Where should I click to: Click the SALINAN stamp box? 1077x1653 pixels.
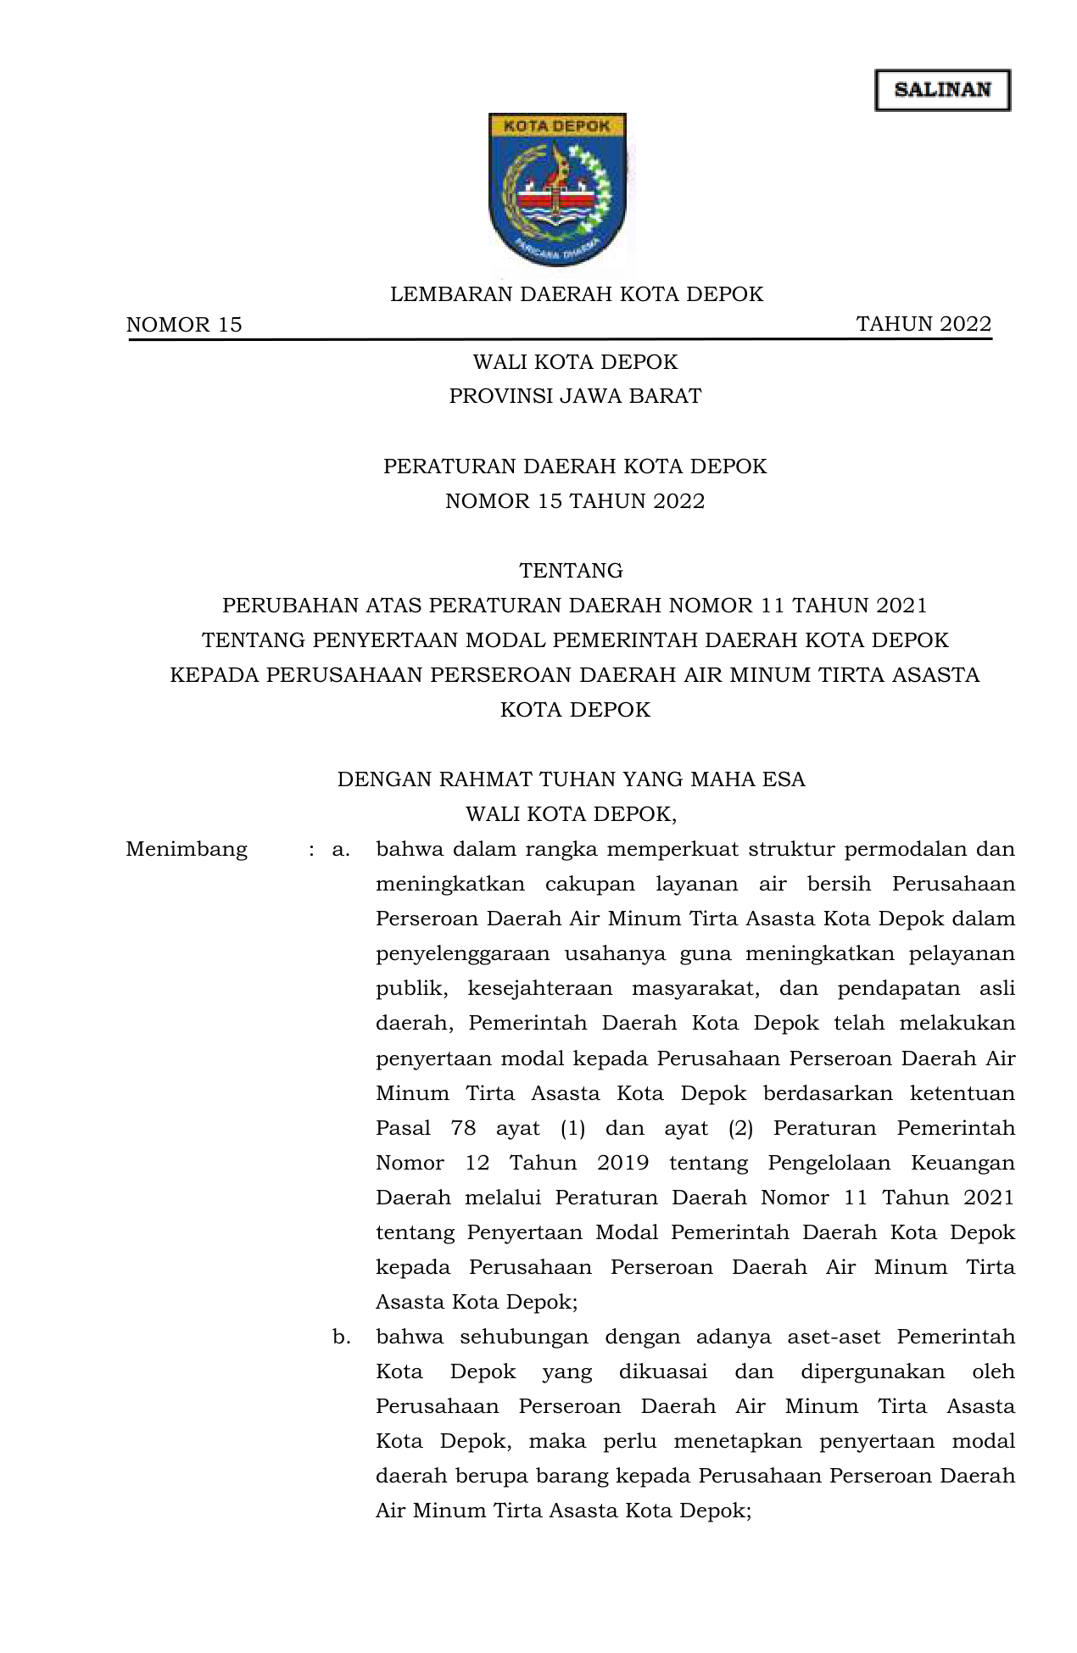click(x=942, y=90)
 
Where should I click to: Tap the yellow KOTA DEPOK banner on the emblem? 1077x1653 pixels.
click(x=557, y=126)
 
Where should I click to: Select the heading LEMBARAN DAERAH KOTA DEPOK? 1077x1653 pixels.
click(x=577, y=294)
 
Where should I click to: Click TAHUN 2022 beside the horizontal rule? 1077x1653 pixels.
click(x=924, y=324)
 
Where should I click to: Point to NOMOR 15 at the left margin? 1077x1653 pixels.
click(x=184, y=325)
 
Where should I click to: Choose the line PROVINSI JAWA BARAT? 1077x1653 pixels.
click(x=575, y=396)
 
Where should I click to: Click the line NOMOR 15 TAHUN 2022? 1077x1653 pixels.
click(x=575, y=501)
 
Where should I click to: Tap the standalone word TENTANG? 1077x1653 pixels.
click(x=571, y=571)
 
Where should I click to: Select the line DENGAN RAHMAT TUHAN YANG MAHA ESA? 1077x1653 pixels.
click(x=571, y=779)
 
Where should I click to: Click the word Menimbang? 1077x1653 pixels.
click(x=187, y=849)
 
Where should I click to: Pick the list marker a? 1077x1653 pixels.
click(x=341, y=849)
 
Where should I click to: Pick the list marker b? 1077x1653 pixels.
click(x=341, y=1337)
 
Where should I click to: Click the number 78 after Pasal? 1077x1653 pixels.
click(x=463, y=1128)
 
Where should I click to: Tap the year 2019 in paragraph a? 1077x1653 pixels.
click(x=622, y=1163)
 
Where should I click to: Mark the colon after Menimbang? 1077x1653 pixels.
click(x=312, y=850)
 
